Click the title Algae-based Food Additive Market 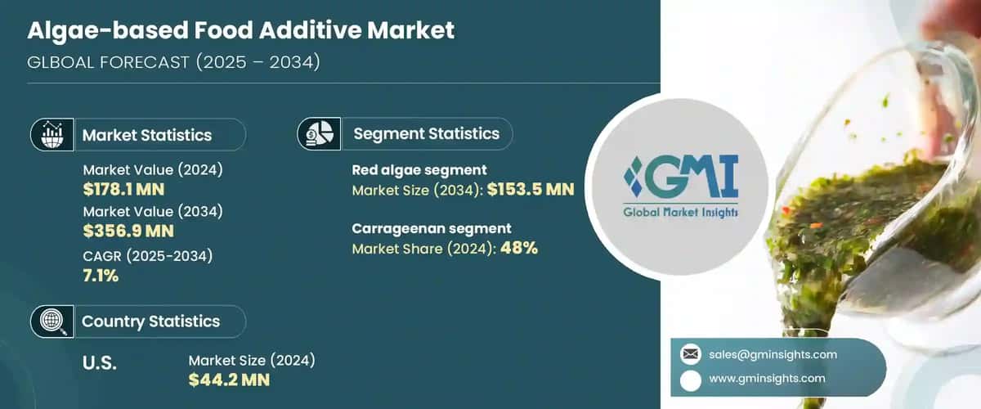[241, 32]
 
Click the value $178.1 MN [123, 190]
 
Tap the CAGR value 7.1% [101, 276]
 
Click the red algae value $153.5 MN [531, 190]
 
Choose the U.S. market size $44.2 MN [229, 380]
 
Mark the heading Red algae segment [419, 170]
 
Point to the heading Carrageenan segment [432, 228]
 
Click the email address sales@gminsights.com [773, 354]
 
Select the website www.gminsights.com [767, 378]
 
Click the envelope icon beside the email [691, 354]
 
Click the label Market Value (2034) [153, 211]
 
